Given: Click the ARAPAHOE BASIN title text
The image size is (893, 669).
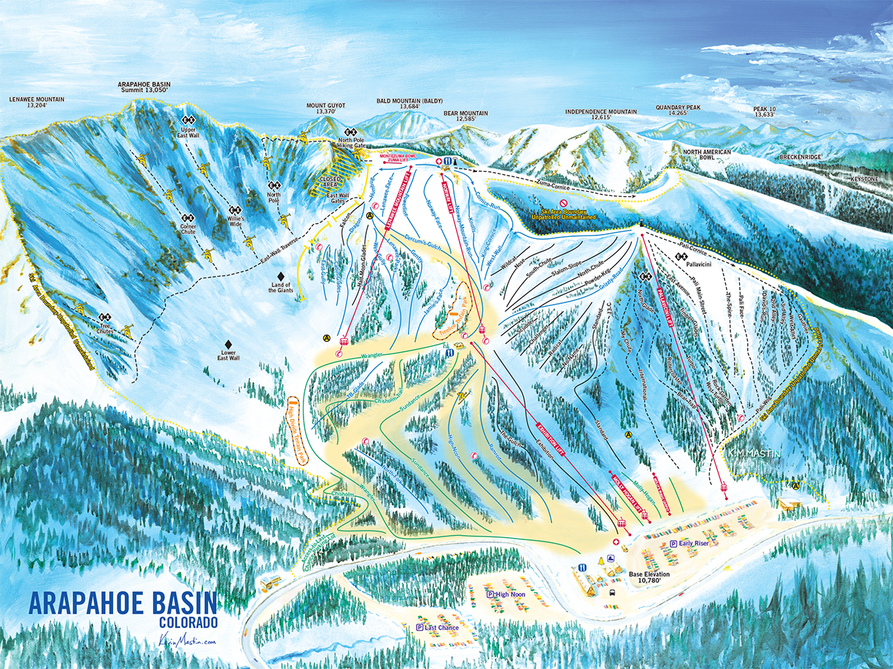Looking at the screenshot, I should click(x=123, y=604).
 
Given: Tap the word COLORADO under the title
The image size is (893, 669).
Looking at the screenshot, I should click(x=188, y=623).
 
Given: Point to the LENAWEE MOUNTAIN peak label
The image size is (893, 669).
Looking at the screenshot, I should click(x=36, y=101).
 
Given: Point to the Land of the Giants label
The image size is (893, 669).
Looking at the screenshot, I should click(x=282, y=289).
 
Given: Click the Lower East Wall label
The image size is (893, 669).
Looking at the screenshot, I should click(x=228, y=355).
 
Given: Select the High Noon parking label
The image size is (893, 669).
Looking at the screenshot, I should click(x=510, y=595).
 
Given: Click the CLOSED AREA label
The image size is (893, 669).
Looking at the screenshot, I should click(x=335, y=182).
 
